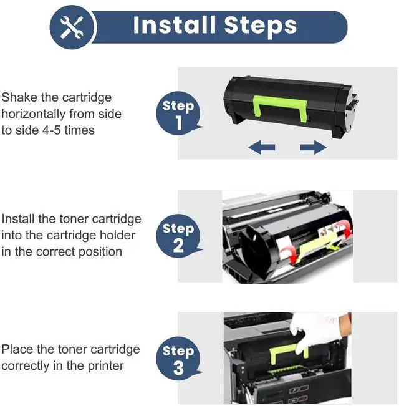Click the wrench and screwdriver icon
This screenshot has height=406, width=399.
tap(72, 27)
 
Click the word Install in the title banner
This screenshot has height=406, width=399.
tap(175, 25)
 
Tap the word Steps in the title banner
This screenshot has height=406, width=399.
tap(261, 27)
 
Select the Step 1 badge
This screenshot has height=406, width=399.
tap(179, 113)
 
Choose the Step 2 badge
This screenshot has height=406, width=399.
tap(179, 236)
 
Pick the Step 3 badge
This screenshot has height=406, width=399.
tap(179, 359)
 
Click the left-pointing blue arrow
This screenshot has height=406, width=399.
tap(262, 147)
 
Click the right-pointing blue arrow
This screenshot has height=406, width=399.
tap(313, 147)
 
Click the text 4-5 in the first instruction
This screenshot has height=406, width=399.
tap(52, 130)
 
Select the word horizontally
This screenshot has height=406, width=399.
tap(34, 114)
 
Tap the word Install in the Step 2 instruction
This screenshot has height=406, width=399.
tap(18, 219)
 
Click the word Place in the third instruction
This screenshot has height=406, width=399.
tap(17, 349)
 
